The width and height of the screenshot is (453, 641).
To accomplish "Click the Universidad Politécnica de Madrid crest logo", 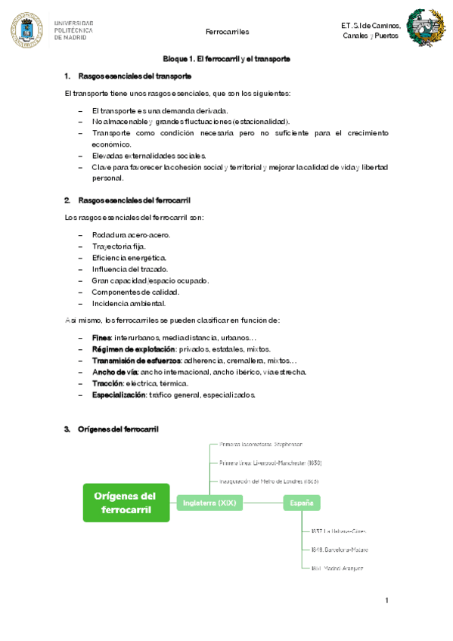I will pyautogui.click(x=27, y=29).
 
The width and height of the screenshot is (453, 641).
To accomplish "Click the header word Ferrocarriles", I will pyautogui.click(x=227, y=32).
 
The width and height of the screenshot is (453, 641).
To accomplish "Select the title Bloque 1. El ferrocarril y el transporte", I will pyautogui.click(x=227, y=59).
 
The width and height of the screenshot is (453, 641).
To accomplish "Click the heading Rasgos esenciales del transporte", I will pyautogui.click(x=135, y=76).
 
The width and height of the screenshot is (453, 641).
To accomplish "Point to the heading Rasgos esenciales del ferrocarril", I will pyautogui.click(x=135, y=200).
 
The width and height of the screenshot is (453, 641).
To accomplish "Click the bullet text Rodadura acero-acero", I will pyautogui.click(x=131, y=235).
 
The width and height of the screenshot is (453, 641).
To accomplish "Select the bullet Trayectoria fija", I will pyautogui.click(x=119, y=246).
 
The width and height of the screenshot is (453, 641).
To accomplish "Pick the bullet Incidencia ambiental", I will pyautogui.click(x=129, y=304).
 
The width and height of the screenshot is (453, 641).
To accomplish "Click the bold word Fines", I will pyautogui.click(x=101, y=337).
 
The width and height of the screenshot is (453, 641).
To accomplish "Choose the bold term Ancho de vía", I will pyautogui.click(x=115, y=372).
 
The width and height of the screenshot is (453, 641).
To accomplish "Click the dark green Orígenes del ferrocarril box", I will pyautogui.click(x=126, y=503).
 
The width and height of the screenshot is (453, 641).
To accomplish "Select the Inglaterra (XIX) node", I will pyautogui.click(x=210, y=503).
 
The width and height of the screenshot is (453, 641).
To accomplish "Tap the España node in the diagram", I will pyautogui.click(x=302, y=503).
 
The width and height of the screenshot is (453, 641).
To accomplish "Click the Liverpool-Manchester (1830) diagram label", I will pyautogui.click(x=260, y=463).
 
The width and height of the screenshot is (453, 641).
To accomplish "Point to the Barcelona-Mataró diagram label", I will pyautogui.click(x=339, y=550).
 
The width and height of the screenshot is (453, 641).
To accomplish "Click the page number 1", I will pyautogui.click(x=386, y=601).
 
